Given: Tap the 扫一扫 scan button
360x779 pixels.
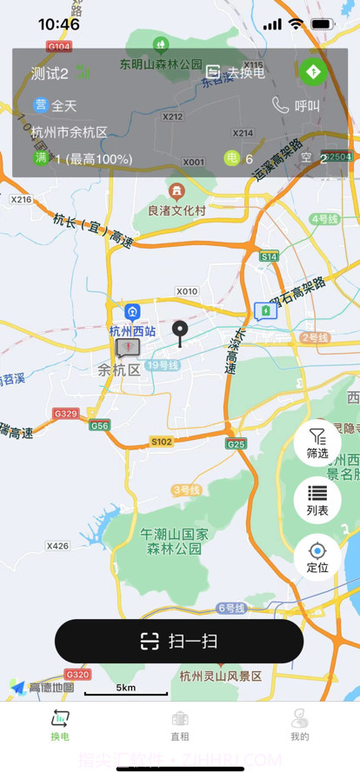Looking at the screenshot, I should (x=179, y=642).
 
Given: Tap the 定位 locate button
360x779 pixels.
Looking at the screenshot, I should (x=317, y=556).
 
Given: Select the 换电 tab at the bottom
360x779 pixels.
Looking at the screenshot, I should (x=60, y=725).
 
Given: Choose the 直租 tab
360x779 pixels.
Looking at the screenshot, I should (x=180, y=725).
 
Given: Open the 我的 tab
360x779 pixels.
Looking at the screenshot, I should (x=300, y=725).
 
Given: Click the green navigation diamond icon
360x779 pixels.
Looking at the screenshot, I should (x=314, y=72).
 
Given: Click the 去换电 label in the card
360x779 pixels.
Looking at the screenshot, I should (x=245, y=73).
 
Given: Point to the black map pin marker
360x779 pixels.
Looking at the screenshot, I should (x=180, y=332).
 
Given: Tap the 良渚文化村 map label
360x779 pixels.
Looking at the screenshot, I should (x=177, y=210).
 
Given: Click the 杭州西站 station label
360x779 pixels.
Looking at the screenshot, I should (x=132, y=330).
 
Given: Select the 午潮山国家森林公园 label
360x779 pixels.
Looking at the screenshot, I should (x=175, y=540).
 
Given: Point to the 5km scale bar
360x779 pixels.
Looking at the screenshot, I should (x=126, y=689).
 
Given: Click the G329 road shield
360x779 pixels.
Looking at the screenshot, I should (x=65, y=413).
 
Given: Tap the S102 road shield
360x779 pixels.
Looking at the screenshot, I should (x=162, y=442).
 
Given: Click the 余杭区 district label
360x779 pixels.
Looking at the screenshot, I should (x=118, y=370).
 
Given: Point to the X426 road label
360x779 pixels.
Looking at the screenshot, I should (x=57, y=546).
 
